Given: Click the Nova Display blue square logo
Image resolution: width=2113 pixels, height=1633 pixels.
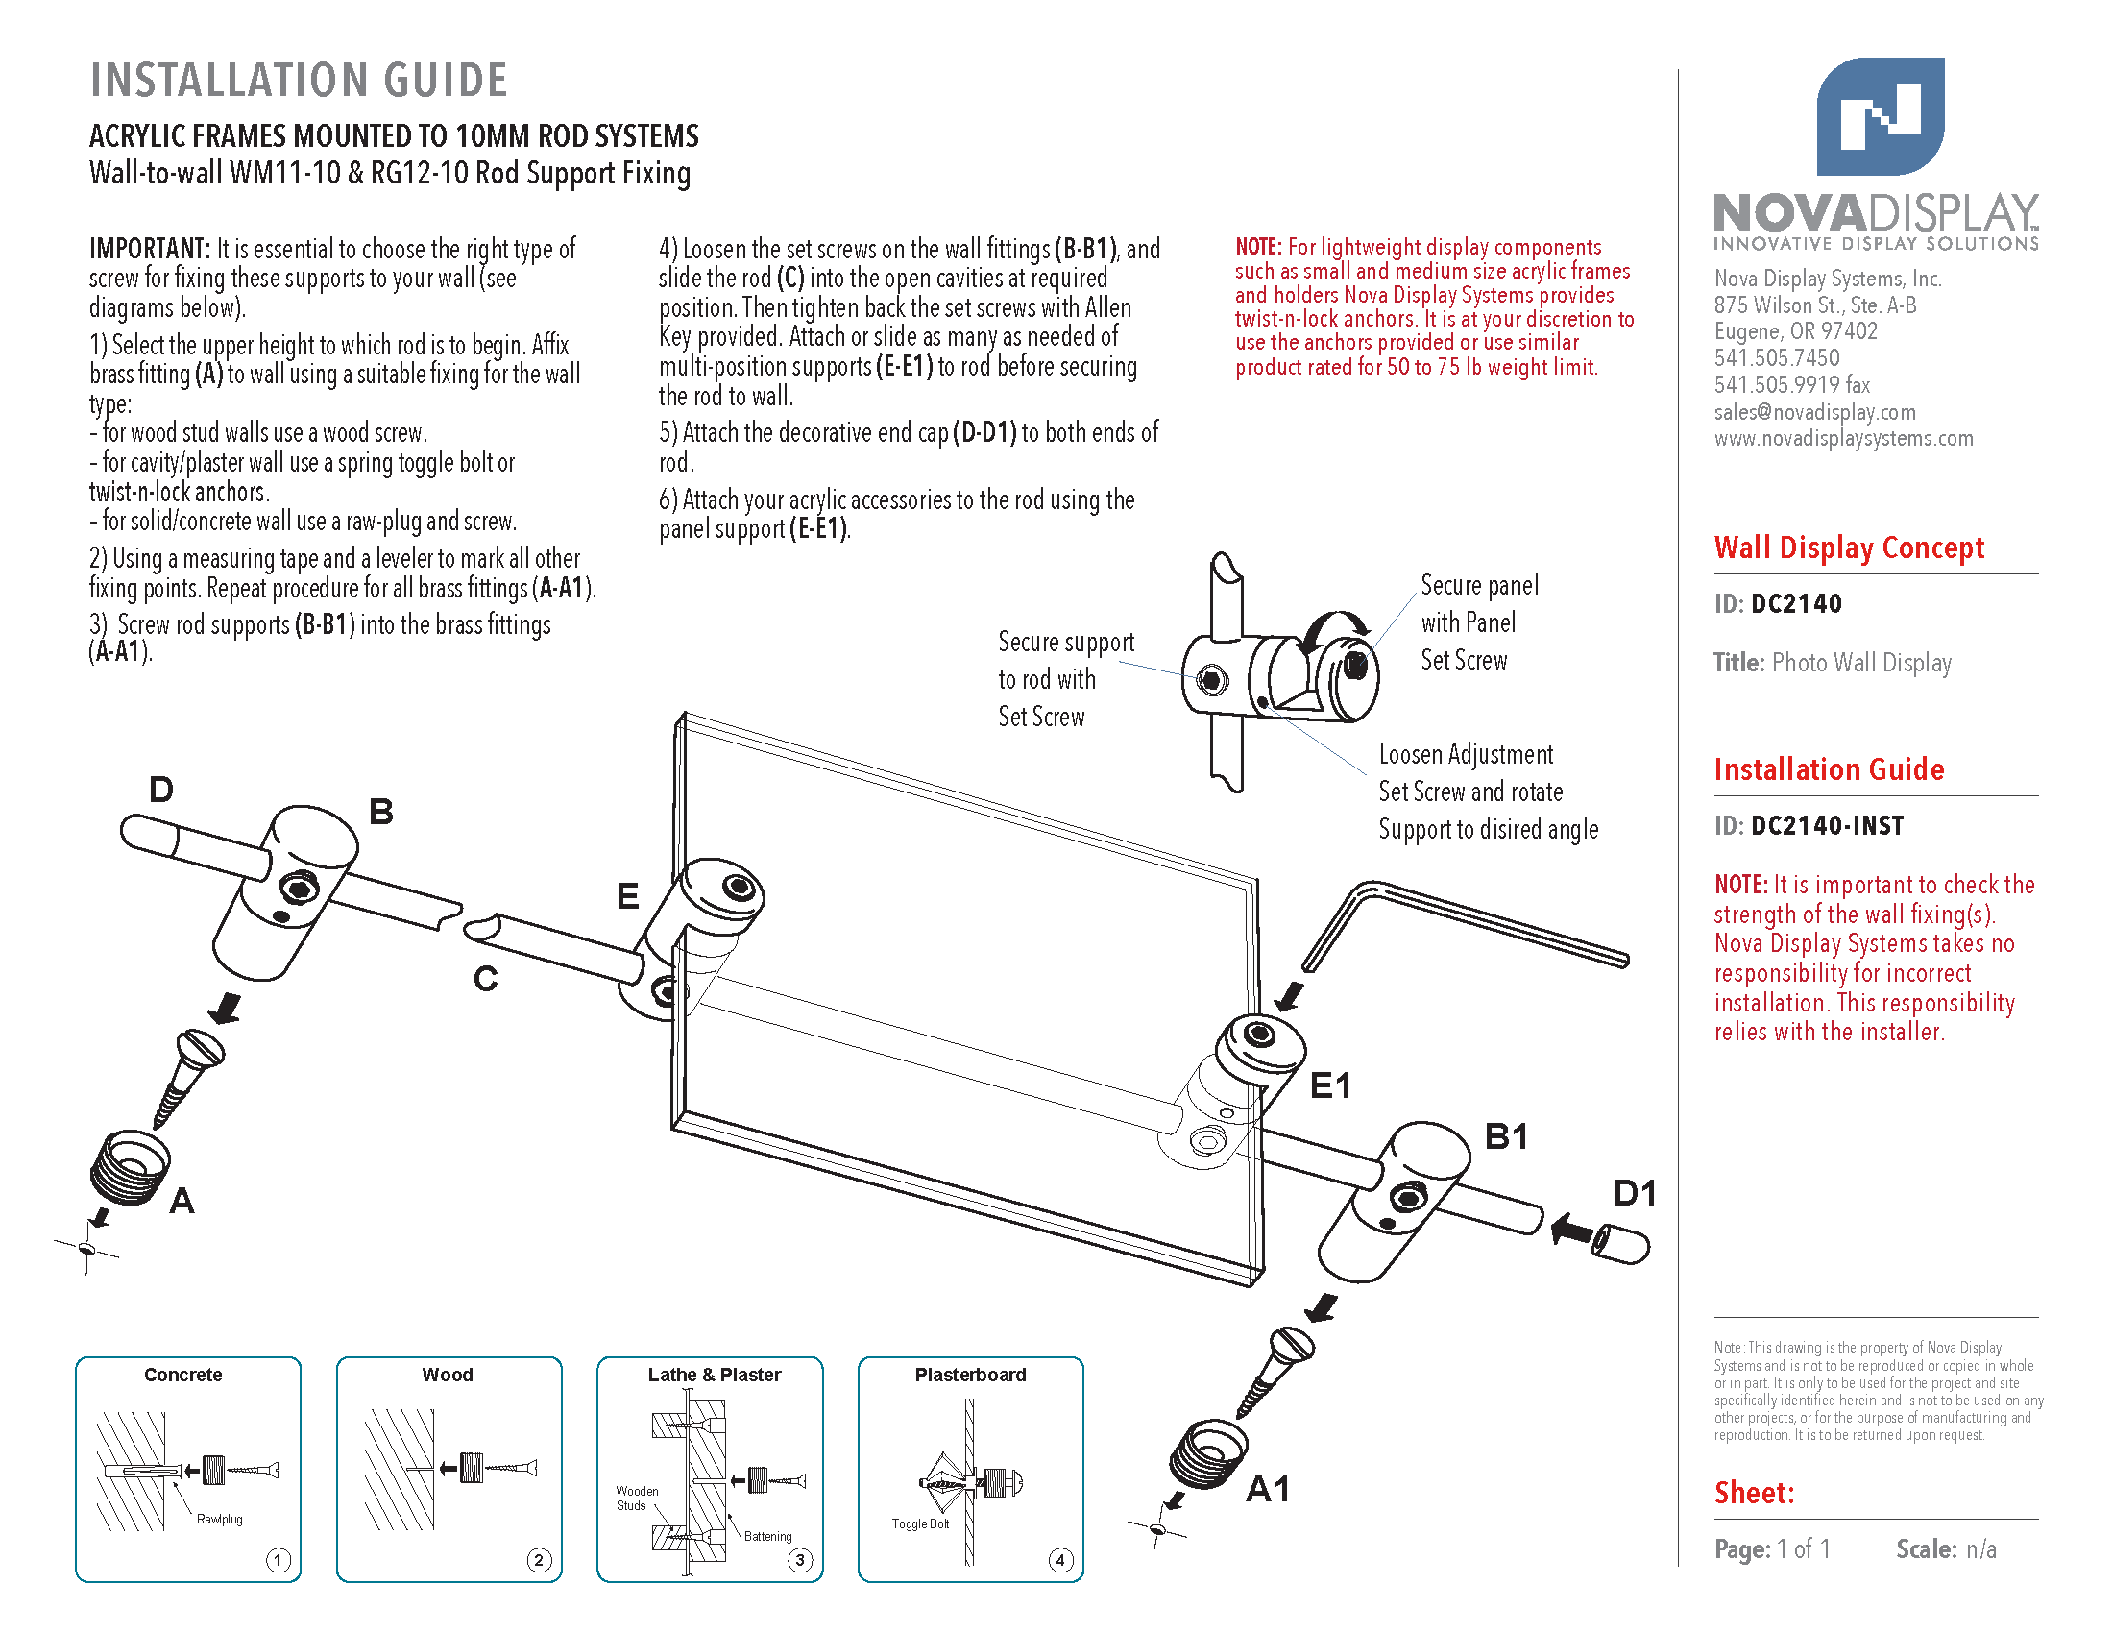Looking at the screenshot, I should click(x=1880, y=116).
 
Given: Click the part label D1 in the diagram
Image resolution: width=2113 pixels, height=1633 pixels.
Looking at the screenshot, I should click(x=1634, y=1193).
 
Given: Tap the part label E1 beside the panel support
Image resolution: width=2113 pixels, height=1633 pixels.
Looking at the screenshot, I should click(x=1329, y=1085).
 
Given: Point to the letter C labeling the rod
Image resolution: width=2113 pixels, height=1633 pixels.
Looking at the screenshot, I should click(x=486, y=979).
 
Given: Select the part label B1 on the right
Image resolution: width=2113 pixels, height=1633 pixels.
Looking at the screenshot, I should click(x=1506, y=1135).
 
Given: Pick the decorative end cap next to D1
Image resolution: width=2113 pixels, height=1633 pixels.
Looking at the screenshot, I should click(x=1620, y=1244).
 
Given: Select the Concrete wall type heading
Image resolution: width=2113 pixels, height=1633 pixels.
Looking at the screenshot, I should click(x=182, y=1375).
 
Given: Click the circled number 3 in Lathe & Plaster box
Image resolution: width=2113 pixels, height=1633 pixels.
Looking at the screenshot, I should click(x=800, y=1559).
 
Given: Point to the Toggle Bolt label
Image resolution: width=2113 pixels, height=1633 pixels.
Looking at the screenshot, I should click(x=920, y=1523).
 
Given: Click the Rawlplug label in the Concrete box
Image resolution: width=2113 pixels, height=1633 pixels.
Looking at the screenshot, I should click(x=220, y=1519).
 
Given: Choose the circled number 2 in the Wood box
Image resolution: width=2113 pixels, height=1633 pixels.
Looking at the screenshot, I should click(x=539, y=1559).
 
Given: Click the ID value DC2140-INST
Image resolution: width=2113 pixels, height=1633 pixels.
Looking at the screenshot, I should click(x=1827, y=826).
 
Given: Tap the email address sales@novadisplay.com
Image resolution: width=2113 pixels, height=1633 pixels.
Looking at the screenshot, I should click(x=1814, y=412).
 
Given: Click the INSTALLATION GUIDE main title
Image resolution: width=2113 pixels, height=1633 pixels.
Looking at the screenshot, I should click(x=299, y=81).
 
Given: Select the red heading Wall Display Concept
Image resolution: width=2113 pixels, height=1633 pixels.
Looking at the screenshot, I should click(x=1848, y=548).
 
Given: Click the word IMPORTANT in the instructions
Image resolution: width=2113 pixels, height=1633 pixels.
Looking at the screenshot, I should click(x=150, y=249).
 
